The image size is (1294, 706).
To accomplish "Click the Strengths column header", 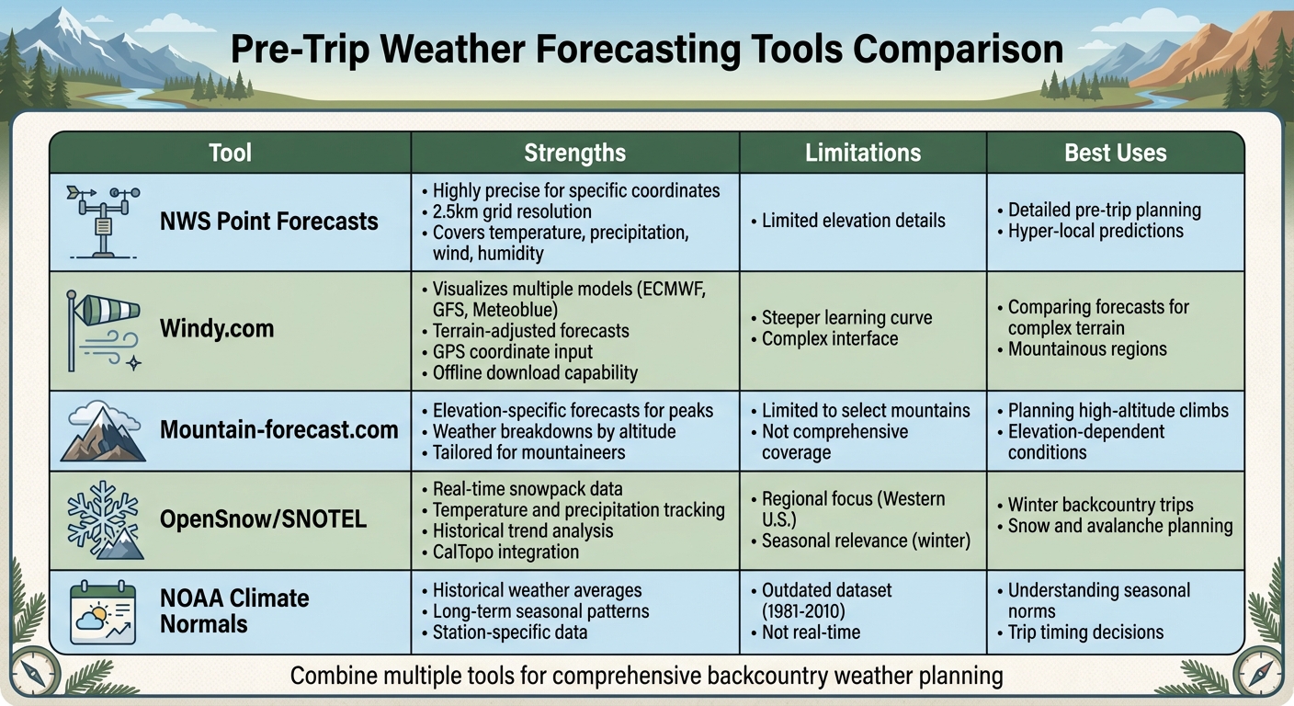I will click(x=574, y=153).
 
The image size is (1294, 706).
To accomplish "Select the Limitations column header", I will click(x=862, y=153).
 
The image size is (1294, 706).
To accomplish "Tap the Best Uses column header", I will click(x=1115, y=153).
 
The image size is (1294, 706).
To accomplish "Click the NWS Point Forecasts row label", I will click(x=269, y=222).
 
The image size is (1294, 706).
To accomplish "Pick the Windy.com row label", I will click(x=217, y=328).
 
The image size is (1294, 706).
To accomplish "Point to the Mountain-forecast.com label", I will click(x=278, y=429).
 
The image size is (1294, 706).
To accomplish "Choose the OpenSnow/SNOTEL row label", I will click(x=263, y=519).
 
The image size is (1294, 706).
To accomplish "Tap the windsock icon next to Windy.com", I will click(x=103, y=329).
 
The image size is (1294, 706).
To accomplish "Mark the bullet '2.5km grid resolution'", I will click(x=512, y=212).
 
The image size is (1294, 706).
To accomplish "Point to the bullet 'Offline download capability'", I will click(x=535, y=373).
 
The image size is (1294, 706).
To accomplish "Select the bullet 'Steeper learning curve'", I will click(x=846, y=318).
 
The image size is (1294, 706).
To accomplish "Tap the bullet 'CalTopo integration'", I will click(x=505, y=552).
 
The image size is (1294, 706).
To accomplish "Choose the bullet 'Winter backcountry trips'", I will click(x=1100, y=505).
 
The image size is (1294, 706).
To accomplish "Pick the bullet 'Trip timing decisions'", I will click(x=1085, y=632).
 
